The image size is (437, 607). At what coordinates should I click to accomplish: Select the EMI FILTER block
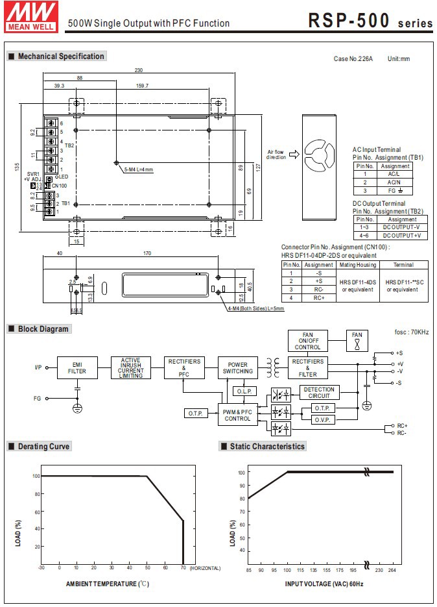pyautogui.click(x=77, y=367)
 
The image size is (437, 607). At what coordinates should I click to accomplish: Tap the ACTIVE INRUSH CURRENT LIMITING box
pyautogui.click(x=130, y=367)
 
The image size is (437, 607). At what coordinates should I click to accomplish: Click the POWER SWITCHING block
pyautogui.click(x=238, y=367)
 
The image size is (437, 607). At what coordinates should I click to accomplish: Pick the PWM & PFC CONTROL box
pyautogui.click(x=237, y=415)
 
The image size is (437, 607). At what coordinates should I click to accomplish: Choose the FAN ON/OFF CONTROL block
pyautogui.click(x=307, y=341)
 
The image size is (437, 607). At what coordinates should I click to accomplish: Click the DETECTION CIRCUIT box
pyautogui.click(x=318, y=393)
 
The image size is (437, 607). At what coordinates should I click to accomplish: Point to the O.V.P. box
pyautogui.click(x=322, y=420)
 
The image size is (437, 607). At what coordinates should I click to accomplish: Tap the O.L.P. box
pyautogui.click(x=244, y=391)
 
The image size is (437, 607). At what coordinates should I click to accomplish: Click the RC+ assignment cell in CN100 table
pyautogui.click(x=318, y=297)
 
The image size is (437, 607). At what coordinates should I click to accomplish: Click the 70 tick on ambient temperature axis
pyautogui.click(x=183, y=568)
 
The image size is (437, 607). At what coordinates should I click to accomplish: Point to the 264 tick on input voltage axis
pyautogui.click(x=392, y=570)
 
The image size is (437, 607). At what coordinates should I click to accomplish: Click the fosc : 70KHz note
pyautogui.click(x=411, y=332)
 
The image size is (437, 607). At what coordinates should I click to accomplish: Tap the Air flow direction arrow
pyautogui.click(x=292, y=155)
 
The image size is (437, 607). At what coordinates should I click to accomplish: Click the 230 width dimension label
pyautogui.click(x=138, y=70)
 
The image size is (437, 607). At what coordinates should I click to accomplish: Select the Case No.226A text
pyautogui.click(x=353, y=59)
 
